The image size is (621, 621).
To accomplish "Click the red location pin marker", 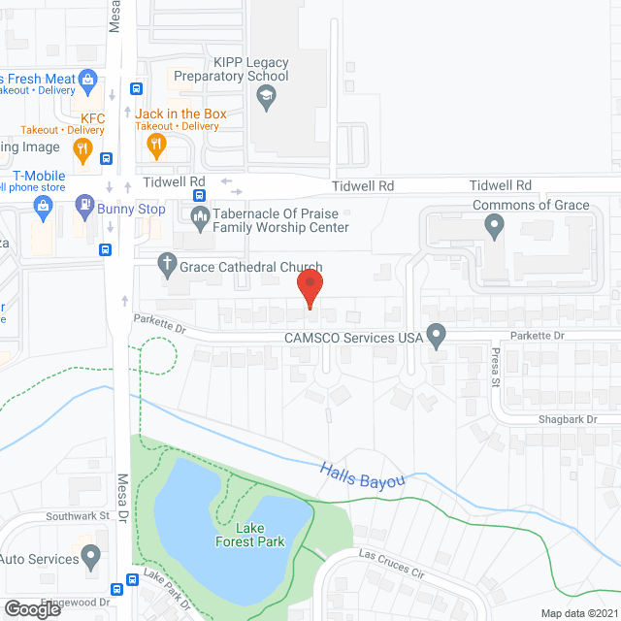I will coord(309,288).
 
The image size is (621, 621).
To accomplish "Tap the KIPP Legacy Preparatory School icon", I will coord(264,95).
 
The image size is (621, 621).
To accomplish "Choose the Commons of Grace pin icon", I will coord(495,226).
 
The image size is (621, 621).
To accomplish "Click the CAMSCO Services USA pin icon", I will coord(437,337).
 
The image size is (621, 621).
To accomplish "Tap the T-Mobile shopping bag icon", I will coord(43,206).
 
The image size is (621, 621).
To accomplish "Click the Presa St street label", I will coord(494,367).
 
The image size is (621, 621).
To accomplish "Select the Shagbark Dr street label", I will coord(572,419).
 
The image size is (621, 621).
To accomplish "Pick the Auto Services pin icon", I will coord(92,558).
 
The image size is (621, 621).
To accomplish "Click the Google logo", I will coord(32,608).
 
